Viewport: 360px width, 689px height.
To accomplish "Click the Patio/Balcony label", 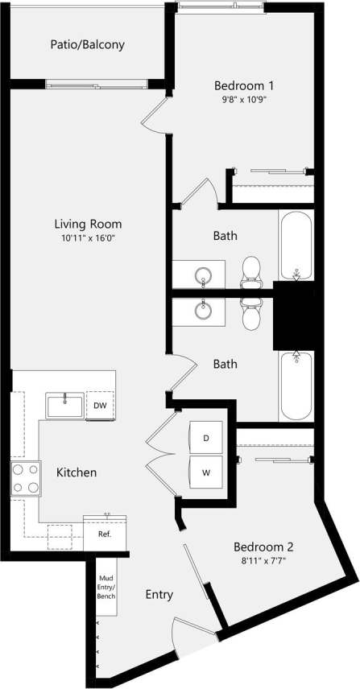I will tap(87, 45).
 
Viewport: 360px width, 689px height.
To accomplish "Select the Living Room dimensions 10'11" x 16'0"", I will tap(88, 239).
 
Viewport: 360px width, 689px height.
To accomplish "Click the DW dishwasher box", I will tap(100, 405).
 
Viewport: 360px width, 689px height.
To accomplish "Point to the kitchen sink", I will tap(64, 405).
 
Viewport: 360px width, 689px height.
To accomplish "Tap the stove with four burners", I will tap(26, 479).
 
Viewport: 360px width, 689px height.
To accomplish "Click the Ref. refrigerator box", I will tap(105, 534).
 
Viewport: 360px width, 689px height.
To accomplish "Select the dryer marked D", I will tap(205, 439).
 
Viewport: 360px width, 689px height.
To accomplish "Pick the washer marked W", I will tap(205, 473).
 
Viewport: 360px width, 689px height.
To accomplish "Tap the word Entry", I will tap(159, 595).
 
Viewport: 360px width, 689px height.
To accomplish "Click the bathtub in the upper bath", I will tap(296, 245).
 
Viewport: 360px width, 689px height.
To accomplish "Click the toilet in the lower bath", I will tap(252, 313).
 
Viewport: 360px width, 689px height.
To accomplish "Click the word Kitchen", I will tap(77, 472).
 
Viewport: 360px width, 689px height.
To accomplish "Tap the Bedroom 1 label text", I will tap(245, 86).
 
